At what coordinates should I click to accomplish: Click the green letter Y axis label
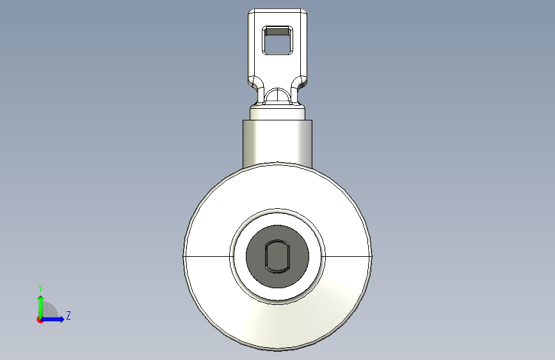40,288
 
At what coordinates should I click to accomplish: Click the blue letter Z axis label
68,315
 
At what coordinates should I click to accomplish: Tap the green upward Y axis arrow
41,306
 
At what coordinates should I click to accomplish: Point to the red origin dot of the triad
40,320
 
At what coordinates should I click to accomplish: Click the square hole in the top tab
277,40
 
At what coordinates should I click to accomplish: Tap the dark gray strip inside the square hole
277,32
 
